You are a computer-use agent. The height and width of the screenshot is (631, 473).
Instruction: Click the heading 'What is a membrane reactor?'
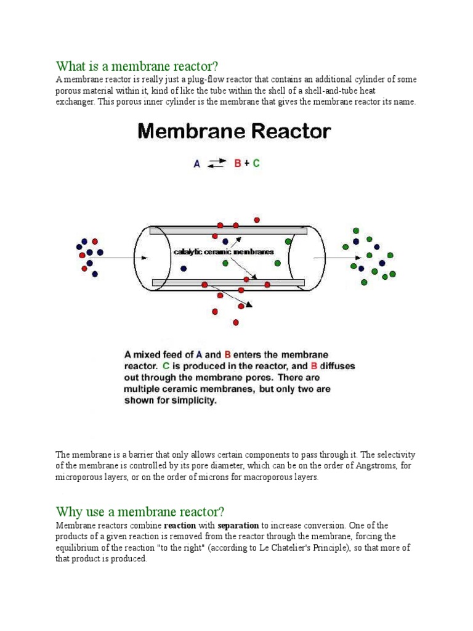pos(137,66)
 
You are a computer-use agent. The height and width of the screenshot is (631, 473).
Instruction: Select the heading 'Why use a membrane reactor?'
pos(140,511)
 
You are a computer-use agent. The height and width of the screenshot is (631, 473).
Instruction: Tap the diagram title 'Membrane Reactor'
pos(234,132)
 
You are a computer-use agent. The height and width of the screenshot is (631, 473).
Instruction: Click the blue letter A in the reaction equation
pos(197,164)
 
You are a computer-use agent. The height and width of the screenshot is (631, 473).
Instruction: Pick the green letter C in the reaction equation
pos(256,164)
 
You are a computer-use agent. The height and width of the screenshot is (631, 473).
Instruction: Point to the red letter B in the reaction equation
pos(236,164)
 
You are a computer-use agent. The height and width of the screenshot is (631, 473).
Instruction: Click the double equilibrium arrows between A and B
pos(216,164)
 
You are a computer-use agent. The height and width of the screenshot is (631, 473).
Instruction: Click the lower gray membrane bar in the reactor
pos(228,282)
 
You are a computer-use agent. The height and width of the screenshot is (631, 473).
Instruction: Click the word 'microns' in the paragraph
pos(215,478)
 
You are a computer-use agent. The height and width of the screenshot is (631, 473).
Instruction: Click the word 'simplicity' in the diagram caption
pos(195,400)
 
